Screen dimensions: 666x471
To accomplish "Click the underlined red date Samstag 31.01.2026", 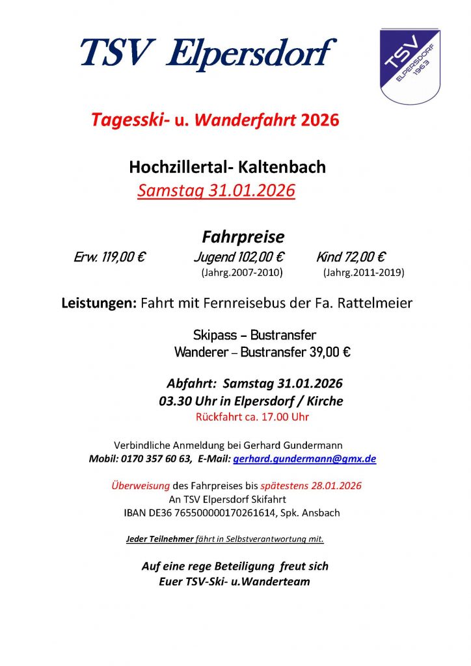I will (216, 191).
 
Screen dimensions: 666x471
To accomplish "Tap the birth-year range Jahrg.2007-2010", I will (243, 273).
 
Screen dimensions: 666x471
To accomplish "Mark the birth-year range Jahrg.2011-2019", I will (363, 273).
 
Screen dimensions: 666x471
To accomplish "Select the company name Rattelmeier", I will (375, 303).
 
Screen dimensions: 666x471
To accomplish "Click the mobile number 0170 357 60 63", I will (155, 459).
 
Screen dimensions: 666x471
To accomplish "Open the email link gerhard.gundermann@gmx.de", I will (304, 459).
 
